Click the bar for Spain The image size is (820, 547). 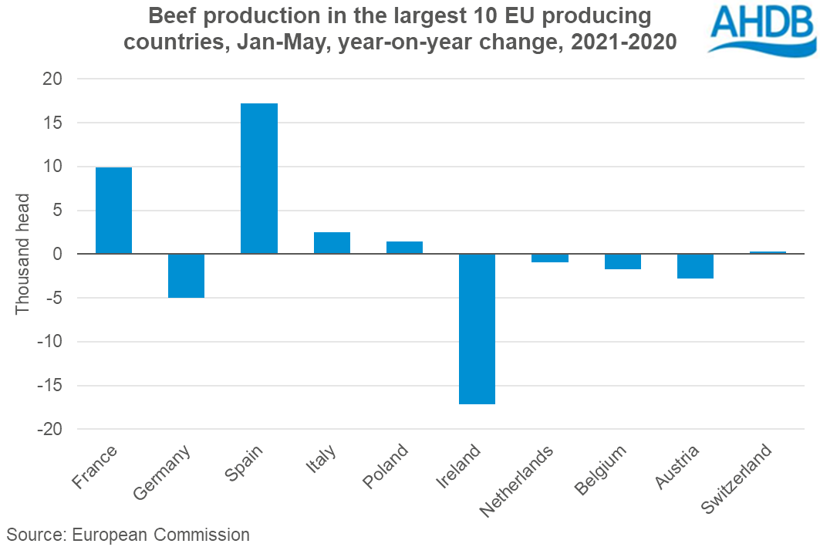point(259,178)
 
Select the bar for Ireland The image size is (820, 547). point(477,328)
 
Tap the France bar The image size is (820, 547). point(113,210)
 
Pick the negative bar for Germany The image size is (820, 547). point(186,275)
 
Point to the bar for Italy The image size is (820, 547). point(332,243)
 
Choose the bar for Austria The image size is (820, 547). point(695,265)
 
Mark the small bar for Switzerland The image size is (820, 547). point(768,252)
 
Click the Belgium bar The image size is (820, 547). point(623,261)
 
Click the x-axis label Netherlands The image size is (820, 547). point(518,481)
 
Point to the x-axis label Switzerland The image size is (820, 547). point(736,479)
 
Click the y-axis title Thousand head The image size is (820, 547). point(22,254)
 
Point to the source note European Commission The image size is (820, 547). point(128,535)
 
